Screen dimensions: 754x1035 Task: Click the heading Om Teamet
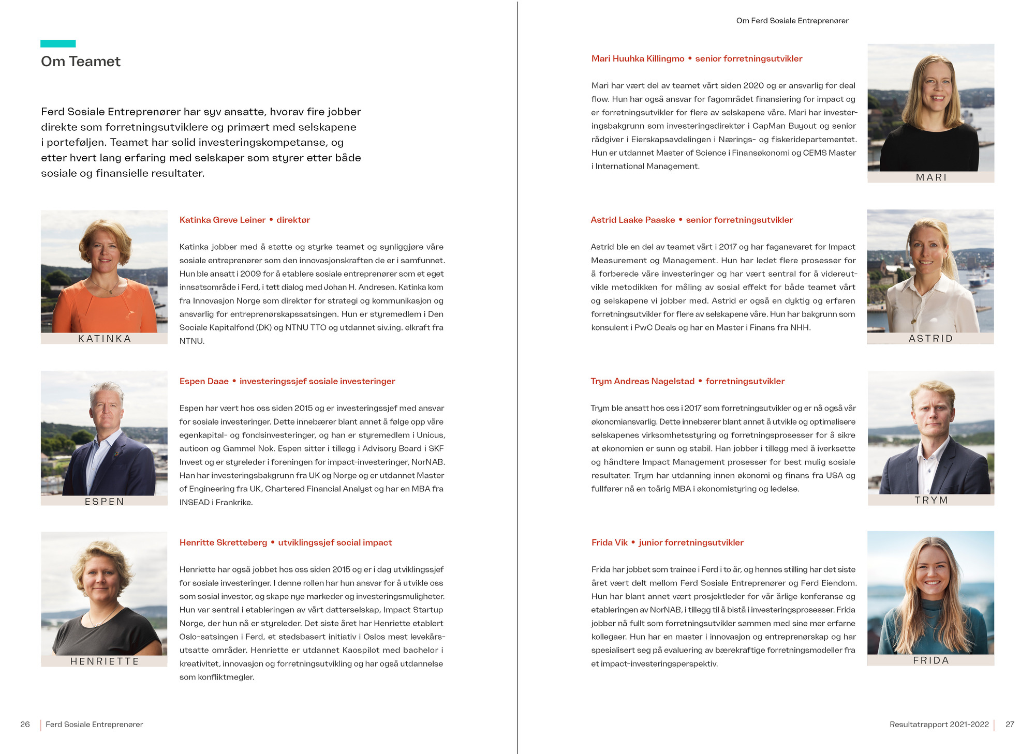[x=81, y=62]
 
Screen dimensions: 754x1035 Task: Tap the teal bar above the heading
[x=58, y=44]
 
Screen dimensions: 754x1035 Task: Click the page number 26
[x=25, y=725]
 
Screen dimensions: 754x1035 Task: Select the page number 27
[x=1010, y=725]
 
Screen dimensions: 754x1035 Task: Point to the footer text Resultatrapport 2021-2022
[x=939, y=725]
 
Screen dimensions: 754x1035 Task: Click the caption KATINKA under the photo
[x=105, y=339]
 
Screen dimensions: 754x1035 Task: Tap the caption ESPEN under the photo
[x=105, y=502]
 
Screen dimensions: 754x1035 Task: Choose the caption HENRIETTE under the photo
[x=105, y=661]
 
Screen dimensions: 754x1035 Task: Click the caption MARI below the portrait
[x=931, y=177]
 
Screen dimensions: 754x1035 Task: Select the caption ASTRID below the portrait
[x=930, y=339]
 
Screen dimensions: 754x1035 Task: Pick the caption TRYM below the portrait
[x=931, y=500]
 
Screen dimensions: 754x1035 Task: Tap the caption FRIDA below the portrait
[x=930, y=660]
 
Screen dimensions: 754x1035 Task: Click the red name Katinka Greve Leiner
[x=223, y=220]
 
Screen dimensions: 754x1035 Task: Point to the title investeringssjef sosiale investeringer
[x=317, y=381]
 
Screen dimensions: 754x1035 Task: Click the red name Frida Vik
[x=609, y=542]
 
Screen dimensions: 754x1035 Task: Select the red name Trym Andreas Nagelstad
[x=642, y=381]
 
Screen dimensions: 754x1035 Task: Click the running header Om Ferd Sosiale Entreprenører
[x=792, y=21]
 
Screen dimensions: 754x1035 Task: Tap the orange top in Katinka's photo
[x=103, y=310]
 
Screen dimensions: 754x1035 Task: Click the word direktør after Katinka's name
[x=293, y=220]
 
